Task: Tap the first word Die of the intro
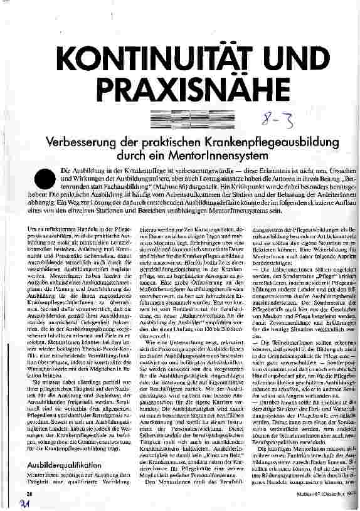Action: click(x=65, y=171)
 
